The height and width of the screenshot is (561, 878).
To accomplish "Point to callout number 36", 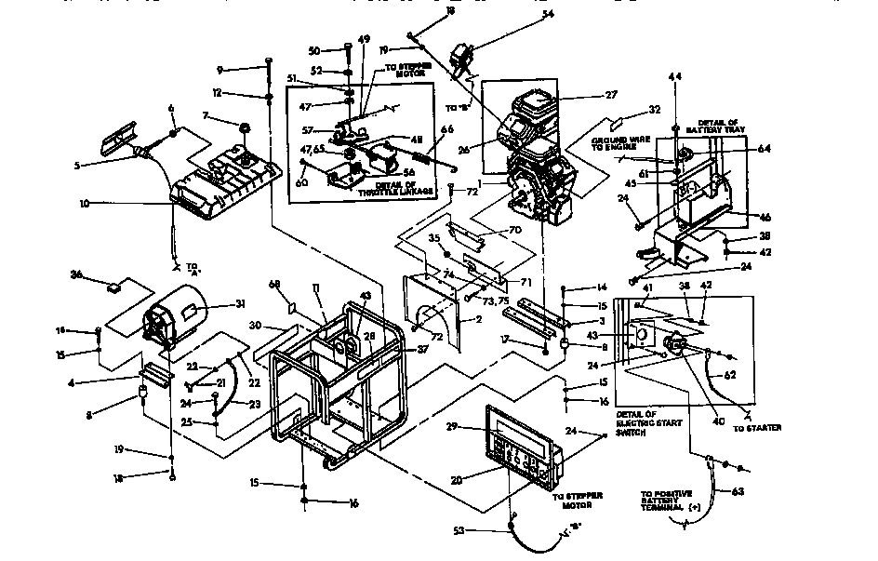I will [x=77, y=274].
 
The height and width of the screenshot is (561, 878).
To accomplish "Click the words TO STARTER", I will [x=757, y=427].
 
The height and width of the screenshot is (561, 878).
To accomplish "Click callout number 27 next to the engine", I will [x=585, y=95].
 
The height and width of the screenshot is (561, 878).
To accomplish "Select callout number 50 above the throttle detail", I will [x=313, y=49].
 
